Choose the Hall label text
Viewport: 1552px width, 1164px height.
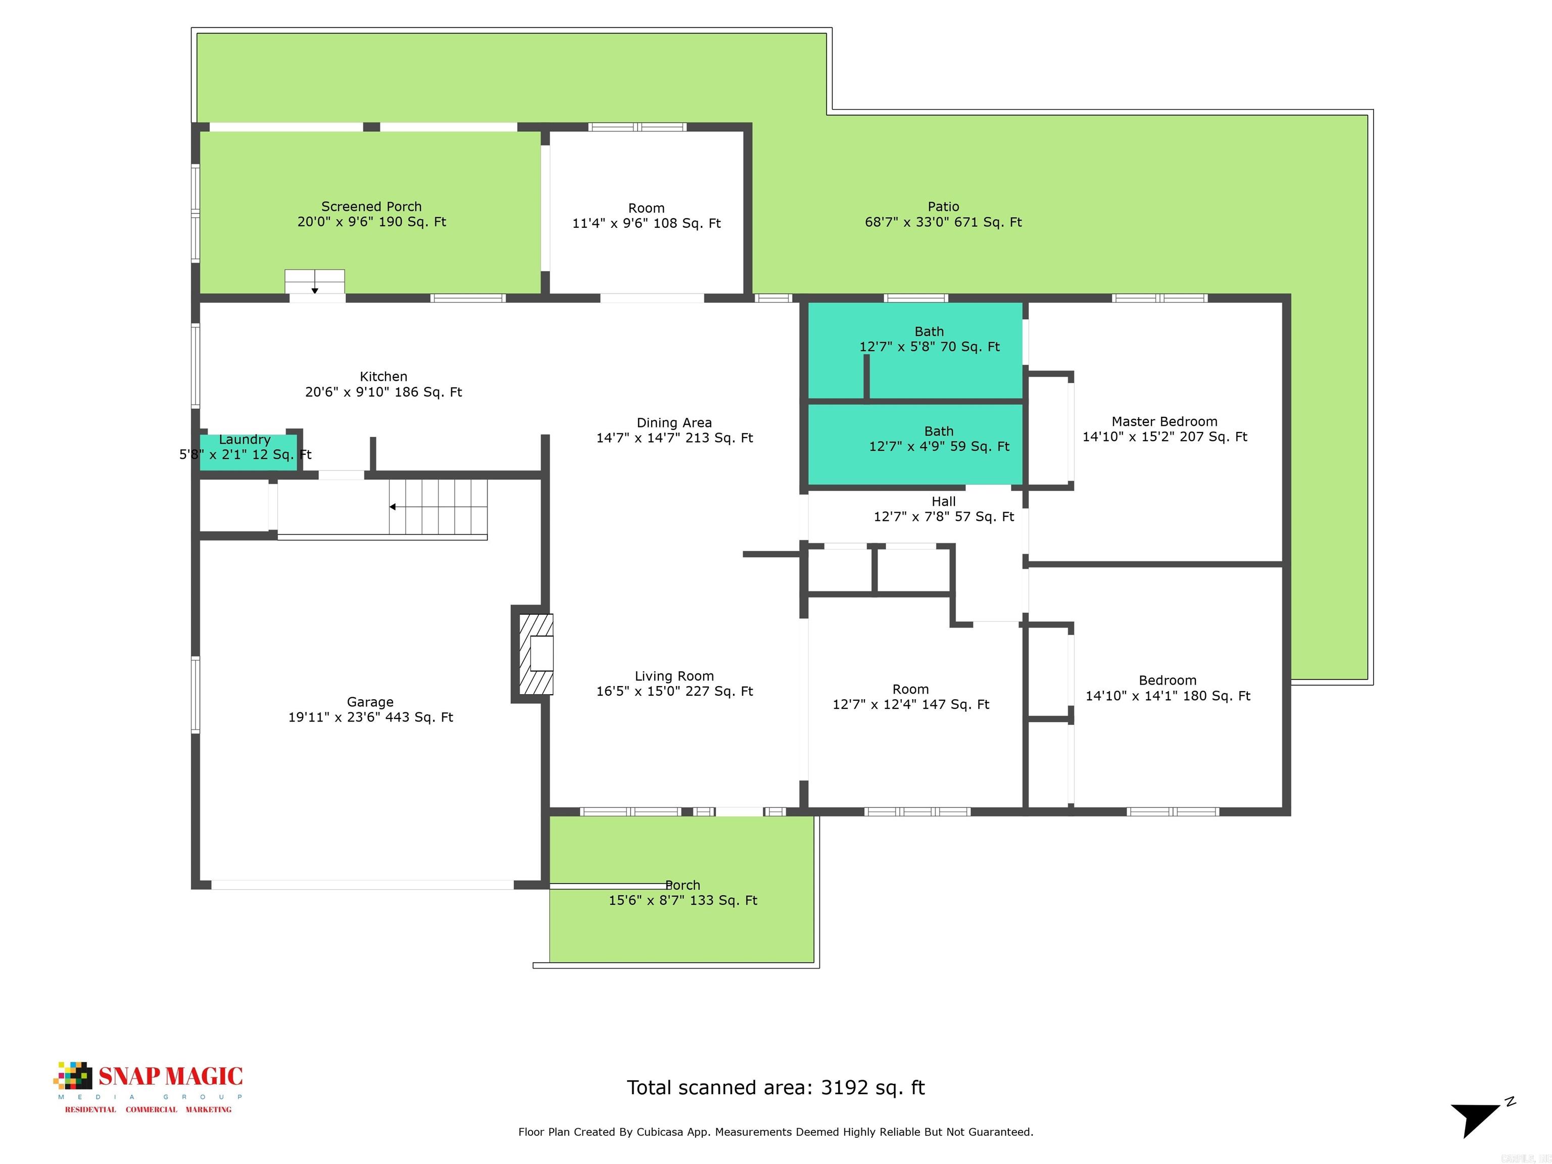943,502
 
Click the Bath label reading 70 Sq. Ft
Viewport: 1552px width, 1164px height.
929,332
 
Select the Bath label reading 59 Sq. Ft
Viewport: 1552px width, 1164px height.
938,431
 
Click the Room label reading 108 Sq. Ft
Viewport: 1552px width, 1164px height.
646,208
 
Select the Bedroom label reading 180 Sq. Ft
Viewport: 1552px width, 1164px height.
1167,681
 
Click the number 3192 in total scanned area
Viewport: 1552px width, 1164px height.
845,1088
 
